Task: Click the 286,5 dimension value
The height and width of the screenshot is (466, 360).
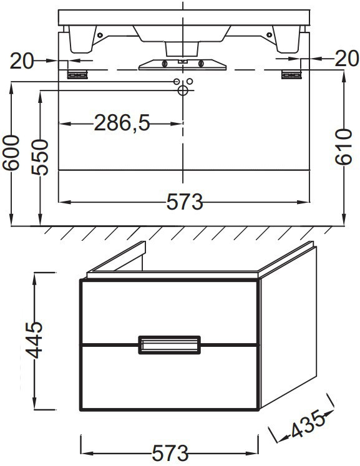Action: coord(122,123)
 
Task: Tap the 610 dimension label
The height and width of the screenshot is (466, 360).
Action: coord(343,147)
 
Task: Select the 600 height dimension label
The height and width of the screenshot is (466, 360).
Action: coord(11,153)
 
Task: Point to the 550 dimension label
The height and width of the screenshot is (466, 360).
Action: coord(40,157)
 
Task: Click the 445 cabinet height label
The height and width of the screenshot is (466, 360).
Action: coord(34,340)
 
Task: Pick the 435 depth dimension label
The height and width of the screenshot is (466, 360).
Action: coord(307,424)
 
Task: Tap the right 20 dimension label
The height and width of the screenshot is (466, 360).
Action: coord(347,58)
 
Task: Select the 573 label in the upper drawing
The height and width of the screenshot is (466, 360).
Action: coord(185,201)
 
